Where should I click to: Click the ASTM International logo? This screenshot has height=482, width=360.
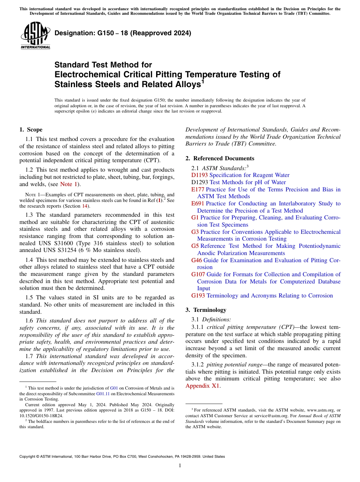click(35, 36)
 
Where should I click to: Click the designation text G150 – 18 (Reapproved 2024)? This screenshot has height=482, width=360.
click(123, 33)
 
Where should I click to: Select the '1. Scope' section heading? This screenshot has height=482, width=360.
click(31, 130)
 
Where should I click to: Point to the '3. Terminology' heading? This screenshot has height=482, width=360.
click(206, 310)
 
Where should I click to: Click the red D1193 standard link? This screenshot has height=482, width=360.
click(199, 175)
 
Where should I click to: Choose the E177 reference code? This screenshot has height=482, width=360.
click(198, 189)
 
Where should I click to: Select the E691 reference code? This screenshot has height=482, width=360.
click(198, 203)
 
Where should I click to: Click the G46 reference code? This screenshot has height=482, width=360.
click(197, 260)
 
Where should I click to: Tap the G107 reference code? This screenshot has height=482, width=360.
click(198, 274)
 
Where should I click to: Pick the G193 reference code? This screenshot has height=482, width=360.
click(198, 296)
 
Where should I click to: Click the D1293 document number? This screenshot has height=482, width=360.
click(200, 182)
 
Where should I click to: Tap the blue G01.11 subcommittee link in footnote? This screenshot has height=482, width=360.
click(102, 394)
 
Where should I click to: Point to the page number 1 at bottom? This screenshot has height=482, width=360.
click(180, 466)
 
